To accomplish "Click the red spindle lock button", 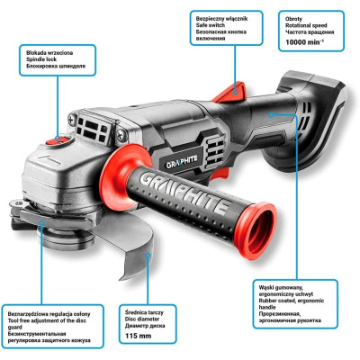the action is pyautogui.click(x=58, y=140).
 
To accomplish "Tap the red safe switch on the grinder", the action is pyautogui.click(x=231, y=92).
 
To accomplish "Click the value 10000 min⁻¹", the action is pyautogui.click(x=304, y=42).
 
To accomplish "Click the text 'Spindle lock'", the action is pyautogui.click(x=41, y=59).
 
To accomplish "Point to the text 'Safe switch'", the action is pyautogui.click(x=211, y=25).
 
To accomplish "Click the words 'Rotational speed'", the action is pyautogui.click(x=306, y=25).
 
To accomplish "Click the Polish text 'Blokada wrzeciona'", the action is pyautogui.click(x=49, y=53).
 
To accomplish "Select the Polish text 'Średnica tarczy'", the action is pyautogui.click(x=144, y=312).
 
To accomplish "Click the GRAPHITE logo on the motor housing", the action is pyautogui.click(x=182, y=161).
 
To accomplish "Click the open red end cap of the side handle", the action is pyautogui.click(x=256, y=230).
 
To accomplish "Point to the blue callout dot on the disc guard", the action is pyautogui.click(x=148, y=256).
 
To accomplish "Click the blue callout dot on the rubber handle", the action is pyautogui.click(x=271, y=114).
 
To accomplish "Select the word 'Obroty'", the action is pyautogui.click(x=293, y=19).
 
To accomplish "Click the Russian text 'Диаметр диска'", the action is pyautogui.click(x=145, y=326).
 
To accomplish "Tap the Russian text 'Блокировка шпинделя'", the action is pyautogui.click(x=56, y=66).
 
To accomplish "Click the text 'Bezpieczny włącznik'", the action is pyautogui.click(x=221, y=19).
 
